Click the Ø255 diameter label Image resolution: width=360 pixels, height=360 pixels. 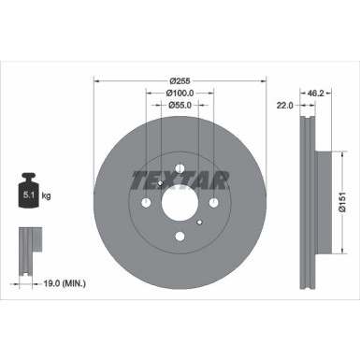click(x=180, y=81)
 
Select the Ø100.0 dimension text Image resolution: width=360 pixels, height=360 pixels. click(x=180, y=93)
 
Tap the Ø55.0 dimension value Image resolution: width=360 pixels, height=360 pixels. click(x=180, y=106)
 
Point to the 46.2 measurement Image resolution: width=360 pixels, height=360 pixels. click(x=316, y=93)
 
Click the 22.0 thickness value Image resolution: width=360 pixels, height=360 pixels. click(x=285, y=106)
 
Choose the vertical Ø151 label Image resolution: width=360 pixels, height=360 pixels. click(x=342, y=202)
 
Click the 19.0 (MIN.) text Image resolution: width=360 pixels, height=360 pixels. click(x=65, y=283)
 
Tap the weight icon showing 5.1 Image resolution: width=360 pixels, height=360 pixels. click(x=29, y=190)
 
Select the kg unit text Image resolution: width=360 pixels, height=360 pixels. click(x=46, y=196)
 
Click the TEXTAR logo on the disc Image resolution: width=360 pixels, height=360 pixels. click(x=180, y=180)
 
